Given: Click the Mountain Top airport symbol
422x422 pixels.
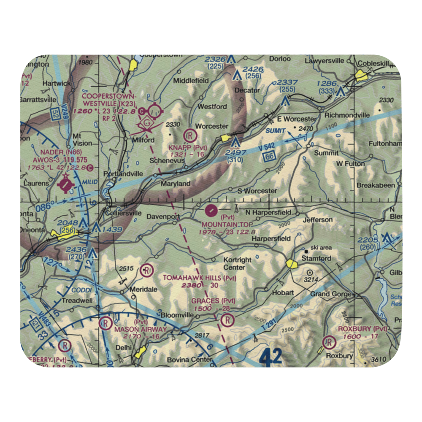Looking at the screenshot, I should click(x=211, y=209).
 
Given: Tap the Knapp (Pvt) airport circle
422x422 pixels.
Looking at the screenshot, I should click(x=190, y=135).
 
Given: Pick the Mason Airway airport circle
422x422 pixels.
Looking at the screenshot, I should click(x=103, y=324).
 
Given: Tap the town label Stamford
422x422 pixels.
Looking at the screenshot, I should click(x=316, y=258).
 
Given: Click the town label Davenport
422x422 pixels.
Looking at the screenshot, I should click(x=163, y=217).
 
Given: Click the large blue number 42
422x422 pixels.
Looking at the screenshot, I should click(x=270, y=357).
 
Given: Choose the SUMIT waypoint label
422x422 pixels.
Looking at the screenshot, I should click(x=276, y=131).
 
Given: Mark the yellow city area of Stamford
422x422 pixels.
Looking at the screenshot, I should click(x=291, y=264).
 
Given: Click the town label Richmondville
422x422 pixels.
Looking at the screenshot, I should click(x=346, y=115).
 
